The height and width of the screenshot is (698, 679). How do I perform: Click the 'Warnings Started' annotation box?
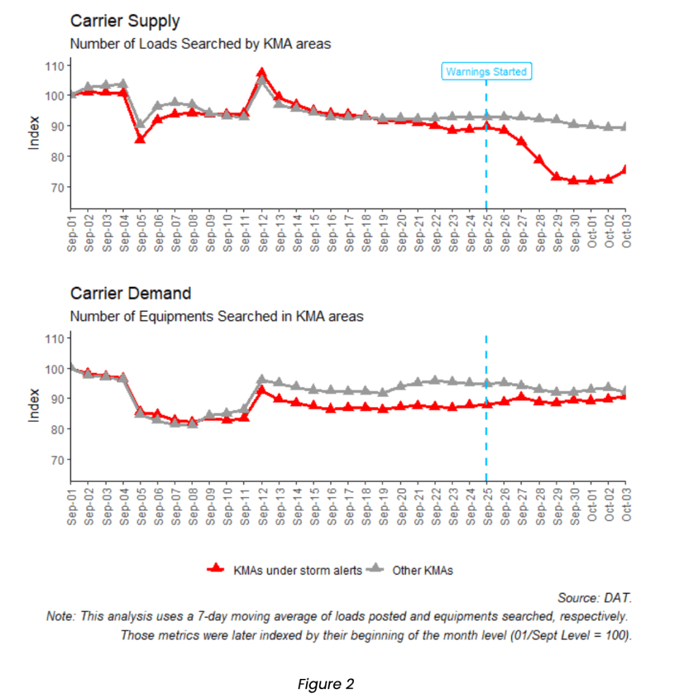486,72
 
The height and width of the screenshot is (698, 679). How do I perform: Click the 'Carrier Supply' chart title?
125,21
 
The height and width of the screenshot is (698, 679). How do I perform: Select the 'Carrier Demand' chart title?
130,294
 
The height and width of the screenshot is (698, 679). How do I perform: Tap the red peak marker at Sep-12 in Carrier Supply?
261,73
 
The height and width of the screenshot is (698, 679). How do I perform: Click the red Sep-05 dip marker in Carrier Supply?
140,138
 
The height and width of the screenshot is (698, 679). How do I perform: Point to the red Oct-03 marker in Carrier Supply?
625,170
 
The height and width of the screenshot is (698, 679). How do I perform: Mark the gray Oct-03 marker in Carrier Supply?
625,127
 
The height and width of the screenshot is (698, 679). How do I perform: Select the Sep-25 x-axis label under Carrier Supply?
487,233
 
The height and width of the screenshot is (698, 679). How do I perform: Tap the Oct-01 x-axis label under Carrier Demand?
591,506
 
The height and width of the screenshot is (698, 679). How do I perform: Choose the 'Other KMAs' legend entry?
422,571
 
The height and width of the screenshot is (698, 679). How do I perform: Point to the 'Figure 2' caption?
325,684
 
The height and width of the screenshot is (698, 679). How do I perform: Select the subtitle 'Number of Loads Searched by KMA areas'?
200,44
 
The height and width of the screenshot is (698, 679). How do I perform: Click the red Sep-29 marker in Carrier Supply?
556,176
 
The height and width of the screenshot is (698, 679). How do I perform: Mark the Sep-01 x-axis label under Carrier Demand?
71,506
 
